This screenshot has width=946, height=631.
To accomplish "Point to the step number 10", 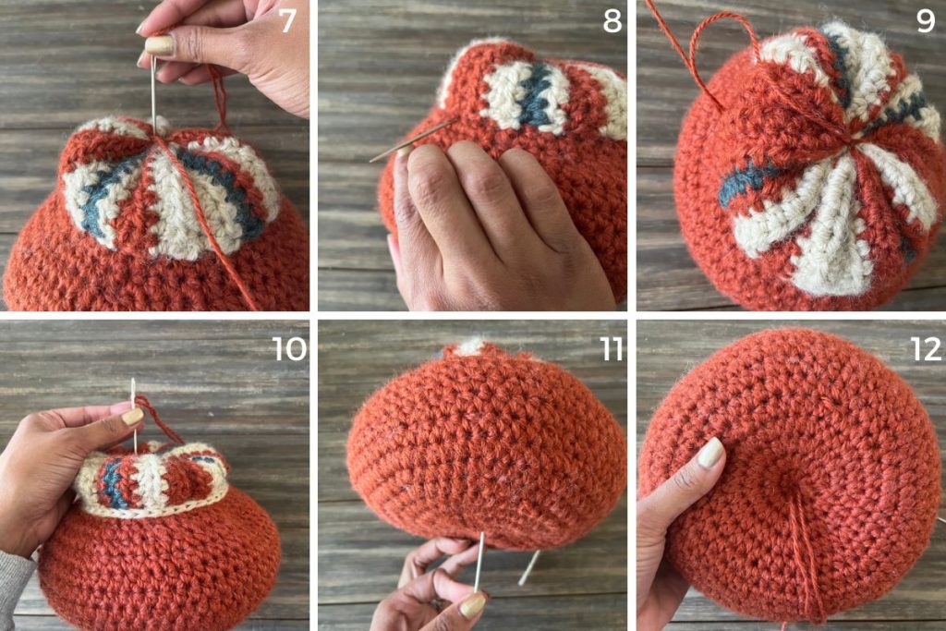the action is [289, 348].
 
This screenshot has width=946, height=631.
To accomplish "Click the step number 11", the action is [611, 348].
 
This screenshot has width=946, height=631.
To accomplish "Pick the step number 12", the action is [926, 348].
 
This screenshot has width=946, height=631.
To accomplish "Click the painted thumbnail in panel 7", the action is [159, 44].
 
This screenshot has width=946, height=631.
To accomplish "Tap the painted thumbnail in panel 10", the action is [133, 417].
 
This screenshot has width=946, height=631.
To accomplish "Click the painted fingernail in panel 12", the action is [710, 453].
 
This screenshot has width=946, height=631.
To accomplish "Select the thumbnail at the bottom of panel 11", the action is [472, 605].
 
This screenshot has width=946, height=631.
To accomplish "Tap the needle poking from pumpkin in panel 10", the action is [134, 416].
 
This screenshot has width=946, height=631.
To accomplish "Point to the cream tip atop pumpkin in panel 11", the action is [469, 346].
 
